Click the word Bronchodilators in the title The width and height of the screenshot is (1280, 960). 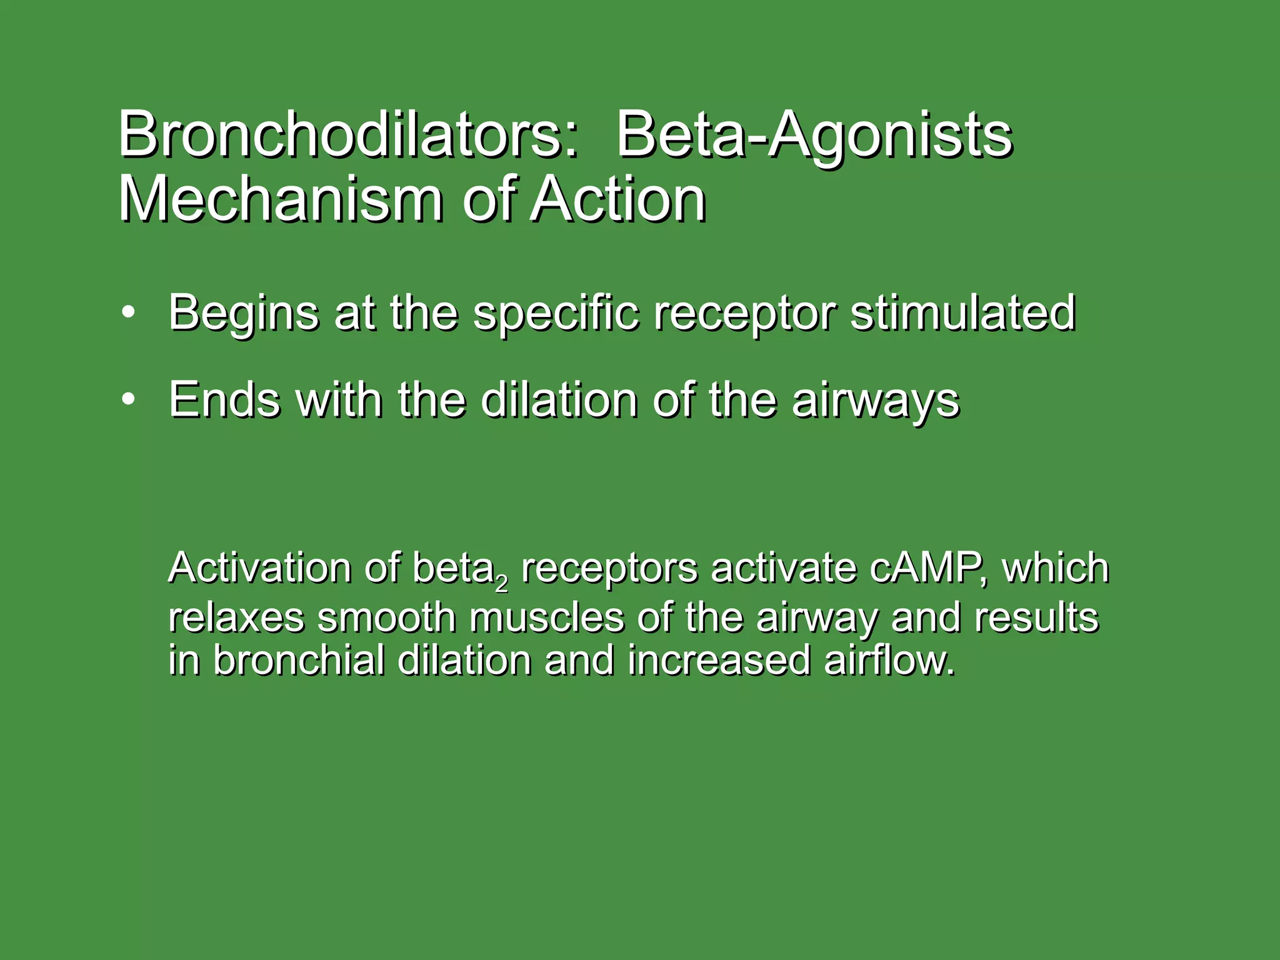[347, 135]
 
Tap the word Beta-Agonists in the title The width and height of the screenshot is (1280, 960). [814, 135]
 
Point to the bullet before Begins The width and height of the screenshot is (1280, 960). [128, 312]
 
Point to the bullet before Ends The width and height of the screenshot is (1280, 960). [128, 399]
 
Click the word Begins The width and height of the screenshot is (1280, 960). [244, 312]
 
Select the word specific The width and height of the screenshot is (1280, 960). [556, 312]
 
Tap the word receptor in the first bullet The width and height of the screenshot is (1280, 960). [744, 312]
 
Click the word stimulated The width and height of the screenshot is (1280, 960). [962, 312]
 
